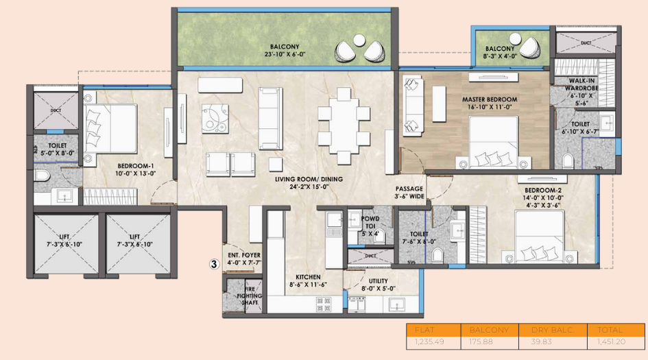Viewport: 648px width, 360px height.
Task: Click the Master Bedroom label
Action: point(489,99)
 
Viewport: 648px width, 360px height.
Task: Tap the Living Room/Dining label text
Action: point(309,180)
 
